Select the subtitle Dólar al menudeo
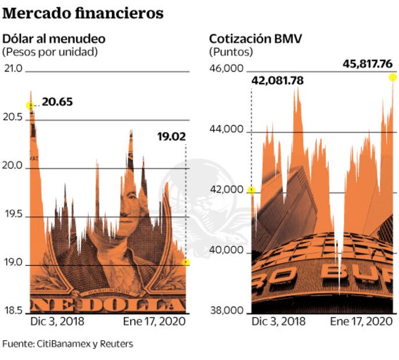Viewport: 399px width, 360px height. pyautogui.click(x=54, y=39)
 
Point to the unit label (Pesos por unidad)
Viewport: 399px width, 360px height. pyautogui.click(x=50, y=52)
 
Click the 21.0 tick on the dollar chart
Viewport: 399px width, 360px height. pyautogui.click(x=13, y=69)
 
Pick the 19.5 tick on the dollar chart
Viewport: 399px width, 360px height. pyautogui.click(x=13, y=215)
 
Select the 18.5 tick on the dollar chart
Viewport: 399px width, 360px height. pyautogui.click(x=13, y=311)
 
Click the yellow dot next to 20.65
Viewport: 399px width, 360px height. pyautogui.click(x=30, y=105)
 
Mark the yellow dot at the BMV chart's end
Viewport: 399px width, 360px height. pyautogui.click(x=393, y=77)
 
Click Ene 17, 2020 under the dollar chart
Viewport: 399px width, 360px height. pyautogui.click(x=154, y=321)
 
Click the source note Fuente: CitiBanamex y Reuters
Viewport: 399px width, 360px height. pyautogui.click(x=67, y=344)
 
